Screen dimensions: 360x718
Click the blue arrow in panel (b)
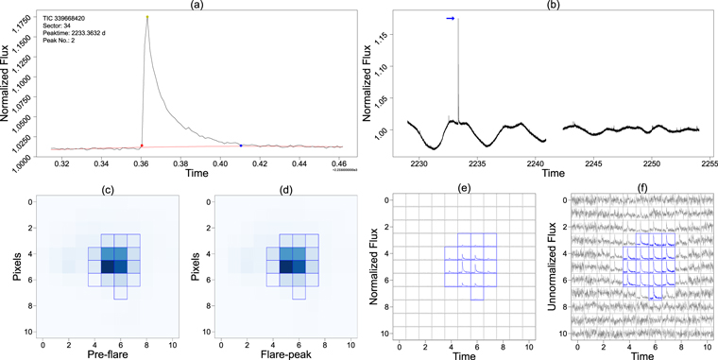coord(451,18)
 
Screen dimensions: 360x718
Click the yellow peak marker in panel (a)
coord(147,17)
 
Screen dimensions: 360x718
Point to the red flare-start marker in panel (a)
coord(142,146)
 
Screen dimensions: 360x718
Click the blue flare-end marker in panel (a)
coord(241,146)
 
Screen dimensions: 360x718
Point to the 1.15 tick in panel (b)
coord(379,38)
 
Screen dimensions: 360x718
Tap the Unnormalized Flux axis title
coord(548,265)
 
